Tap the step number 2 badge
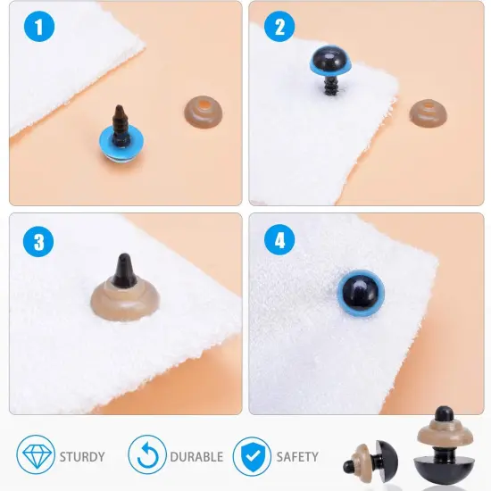point(279,27)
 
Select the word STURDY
point(82,456)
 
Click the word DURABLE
point(196,456)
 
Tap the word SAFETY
point(296,456)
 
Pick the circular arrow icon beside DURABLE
point(146,455)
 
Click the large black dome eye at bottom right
point(442,465)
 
